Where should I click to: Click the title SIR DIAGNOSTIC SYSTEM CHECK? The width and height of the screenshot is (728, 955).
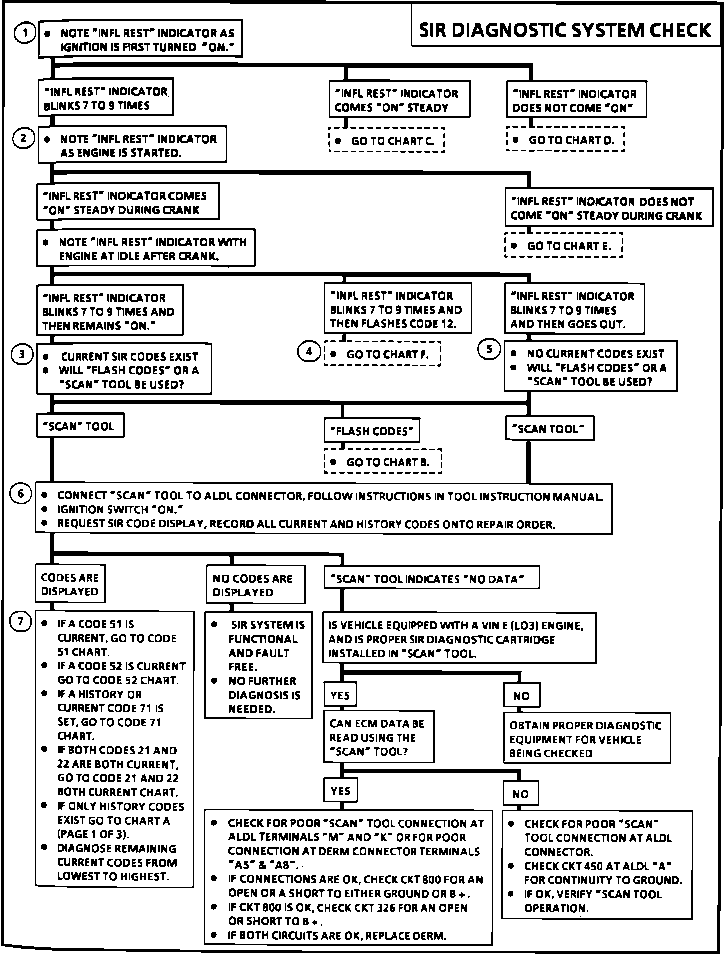click(x=565, y=31)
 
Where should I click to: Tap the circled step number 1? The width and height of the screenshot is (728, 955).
click(x=24, y=34)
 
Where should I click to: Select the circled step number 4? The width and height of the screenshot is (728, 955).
click(x=309, y=352)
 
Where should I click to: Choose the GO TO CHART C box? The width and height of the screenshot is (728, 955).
click(x=387, y=141)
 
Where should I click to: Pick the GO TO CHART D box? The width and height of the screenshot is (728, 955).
click(x=565, y=140)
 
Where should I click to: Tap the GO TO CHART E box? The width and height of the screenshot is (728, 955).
click(x=564, y=246)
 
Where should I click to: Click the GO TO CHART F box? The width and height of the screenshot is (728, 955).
click(x=382, y=354)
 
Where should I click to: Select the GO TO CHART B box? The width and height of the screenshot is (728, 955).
click(x=383, y=462)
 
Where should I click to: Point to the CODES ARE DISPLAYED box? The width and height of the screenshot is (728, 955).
click(x=70, y=584)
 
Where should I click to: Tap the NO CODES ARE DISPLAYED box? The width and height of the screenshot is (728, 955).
click(x=255, y=585)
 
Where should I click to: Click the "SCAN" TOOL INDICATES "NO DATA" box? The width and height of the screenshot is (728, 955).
click(x=432, y=579)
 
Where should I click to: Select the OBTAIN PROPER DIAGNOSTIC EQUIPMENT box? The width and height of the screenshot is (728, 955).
click(x=586, y=739)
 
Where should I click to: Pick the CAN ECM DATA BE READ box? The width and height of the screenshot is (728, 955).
click(x=378, y=737)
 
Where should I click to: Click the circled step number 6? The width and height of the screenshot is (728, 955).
click(x=21, y=494)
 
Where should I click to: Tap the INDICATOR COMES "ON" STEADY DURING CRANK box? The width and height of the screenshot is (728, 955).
click(x=127, y=203)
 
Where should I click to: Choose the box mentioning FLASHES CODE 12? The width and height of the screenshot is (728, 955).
click(x=397, y=309)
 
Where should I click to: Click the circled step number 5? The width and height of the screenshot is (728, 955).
click(x=489, y=349)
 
